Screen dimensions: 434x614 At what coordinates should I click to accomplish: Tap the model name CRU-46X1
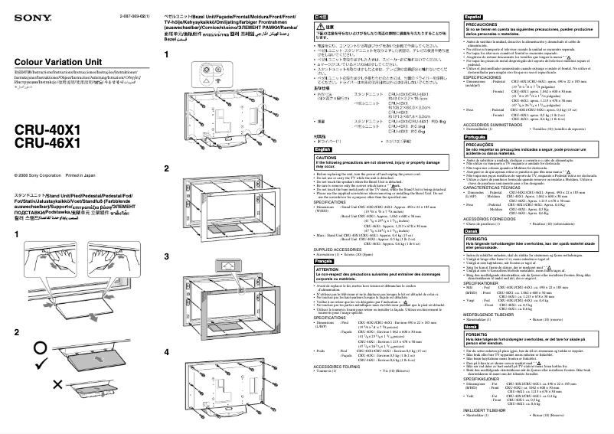[48, 142]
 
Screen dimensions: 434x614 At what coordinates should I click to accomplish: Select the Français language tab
[328, 262]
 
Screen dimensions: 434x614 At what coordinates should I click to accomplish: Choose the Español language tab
[473, 15]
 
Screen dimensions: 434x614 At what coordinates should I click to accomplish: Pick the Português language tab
[475, 136]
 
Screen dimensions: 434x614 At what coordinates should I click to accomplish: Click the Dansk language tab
[471, 230]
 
